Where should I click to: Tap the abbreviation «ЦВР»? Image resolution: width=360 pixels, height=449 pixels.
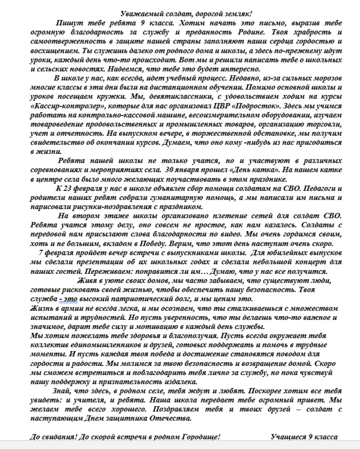213,105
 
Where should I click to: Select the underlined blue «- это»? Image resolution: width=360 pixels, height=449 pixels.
69,299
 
